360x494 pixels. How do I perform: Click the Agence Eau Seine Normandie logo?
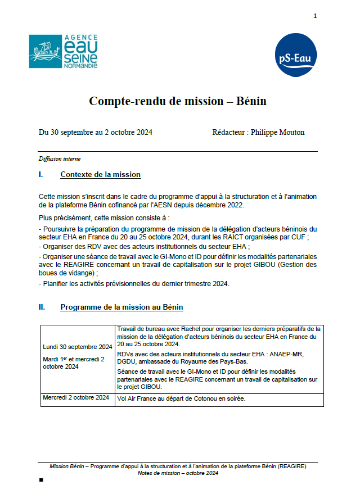coord(64,52)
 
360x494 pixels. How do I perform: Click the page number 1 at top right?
coord(316,16)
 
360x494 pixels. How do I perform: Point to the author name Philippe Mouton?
coord(277,133)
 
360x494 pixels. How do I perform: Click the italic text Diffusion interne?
coord(60,158)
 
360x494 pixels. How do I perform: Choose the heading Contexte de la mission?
coord(100,175)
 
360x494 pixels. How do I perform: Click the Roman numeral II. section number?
coord(42,307)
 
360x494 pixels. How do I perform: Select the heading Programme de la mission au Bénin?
coord(121,307)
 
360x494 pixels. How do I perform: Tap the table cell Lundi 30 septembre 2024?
coord(78,346)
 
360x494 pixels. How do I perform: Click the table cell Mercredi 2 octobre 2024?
coord(76,398)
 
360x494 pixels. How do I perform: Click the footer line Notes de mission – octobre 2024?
coord(178,473)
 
